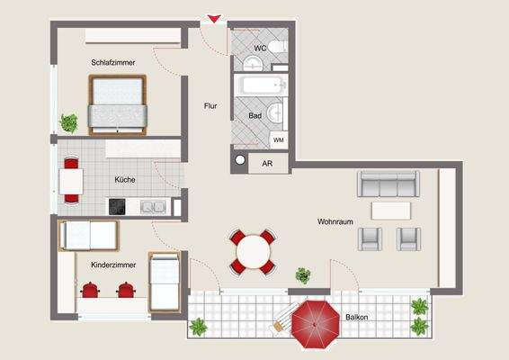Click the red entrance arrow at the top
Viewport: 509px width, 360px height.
coord(213,18)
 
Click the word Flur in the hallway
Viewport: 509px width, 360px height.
coord(210,106)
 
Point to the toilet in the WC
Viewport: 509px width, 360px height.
coord(278,46)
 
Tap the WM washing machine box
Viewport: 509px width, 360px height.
coord(279,140)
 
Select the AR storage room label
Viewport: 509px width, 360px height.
coord(267,164)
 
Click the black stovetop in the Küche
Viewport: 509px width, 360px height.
coord(118,206)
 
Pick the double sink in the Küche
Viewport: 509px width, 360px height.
coord(152,206)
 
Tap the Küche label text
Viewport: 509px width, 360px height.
coord(125,180)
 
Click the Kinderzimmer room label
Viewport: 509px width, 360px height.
coord(113,265)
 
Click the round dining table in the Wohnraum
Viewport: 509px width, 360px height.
coord(254,251)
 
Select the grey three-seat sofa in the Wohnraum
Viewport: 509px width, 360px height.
coord(388,184)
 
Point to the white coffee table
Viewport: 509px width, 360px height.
coord(391,210)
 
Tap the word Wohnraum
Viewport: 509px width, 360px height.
coord(334,220)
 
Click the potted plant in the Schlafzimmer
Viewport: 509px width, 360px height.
coord(68,121)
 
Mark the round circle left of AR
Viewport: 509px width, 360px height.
coord(239,161)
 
